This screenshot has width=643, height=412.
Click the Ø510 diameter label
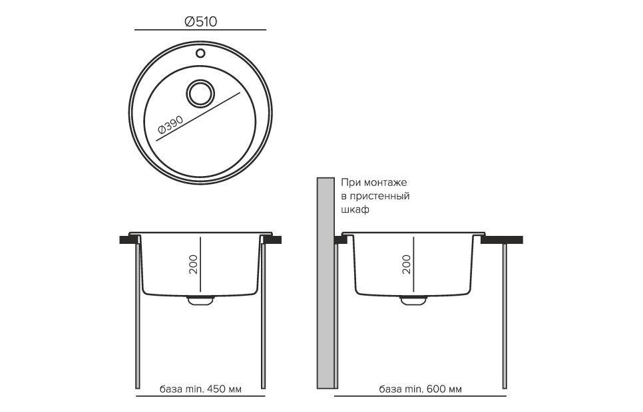pos(200,22)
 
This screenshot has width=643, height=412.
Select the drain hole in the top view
pos(200,94)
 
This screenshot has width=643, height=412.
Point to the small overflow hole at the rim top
pos(200,52)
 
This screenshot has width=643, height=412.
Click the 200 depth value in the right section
pos(406,264)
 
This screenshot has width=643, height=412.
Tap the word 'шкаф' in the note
pos(355,209)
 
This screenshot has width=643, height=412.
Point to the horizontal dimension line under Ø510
pos(200,31)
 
